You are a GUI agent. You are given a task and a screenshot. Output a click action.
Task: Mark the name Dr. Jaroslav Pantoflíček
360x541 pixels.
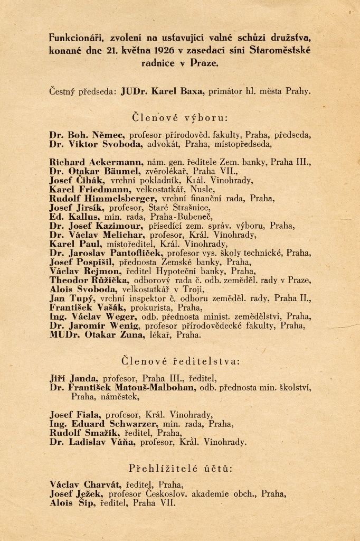click(107, 253)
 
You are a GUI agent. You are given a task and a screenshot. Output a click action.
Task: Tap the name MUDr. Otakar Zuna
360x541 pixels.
click(94, 334)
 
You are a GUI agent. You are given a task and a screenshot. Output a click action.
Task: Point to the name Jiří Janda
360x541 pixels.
click(73, 378)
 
